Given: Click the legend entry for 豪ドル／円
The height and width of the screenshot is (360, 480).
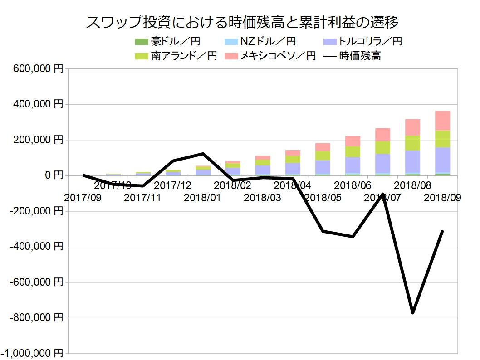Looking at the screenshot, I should [x=167, y=42].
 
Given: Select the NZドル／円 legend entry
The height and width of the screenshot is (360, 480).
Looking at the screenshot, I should [x=260, y=42].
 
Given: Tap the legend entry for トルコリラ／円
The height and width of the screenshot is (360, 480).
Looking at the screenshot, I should [x=363, y=42].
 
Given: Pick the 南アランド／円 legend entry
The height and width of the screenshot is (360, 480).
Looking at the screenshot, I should [x=176, y=56].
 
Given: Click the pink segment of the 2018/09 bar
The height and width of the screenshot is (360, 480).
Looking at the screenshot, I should [x=443, y=120].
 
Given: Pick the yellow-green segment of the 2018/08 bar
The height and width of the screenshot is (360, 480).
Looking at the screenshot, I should [x=413, y=143].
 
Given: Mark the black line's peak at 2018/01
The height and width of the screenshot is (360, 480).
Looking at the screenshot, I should [x=203, y=154].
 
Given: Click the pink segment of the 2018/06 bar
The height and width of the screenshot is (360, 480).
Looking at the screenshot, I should [x=353, y=141].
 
